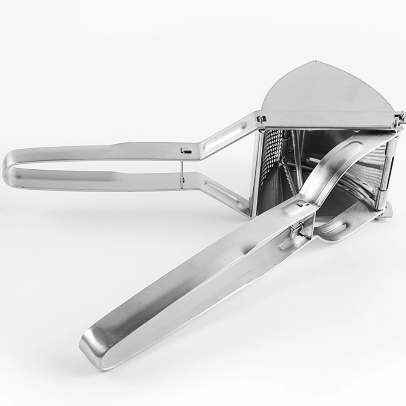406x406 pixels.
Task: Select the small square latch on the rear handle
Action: click(185, 151)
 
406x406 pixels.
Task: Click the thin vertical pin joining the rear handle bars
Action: click(182, 170)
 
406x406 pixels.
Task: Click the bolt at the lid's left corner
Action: click(261, 119)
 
